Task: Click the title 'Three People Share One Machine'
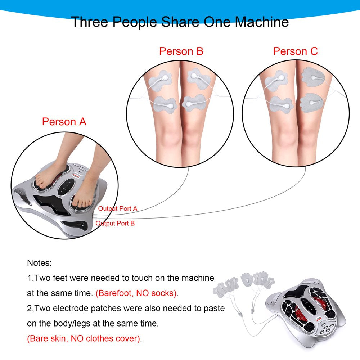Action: (x=180, y=22)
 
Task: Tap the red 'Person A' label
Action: (x=64, y=121)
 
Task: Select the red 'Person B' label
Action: (x=181, y=51)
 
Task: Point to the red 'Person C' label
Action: (x=295, y=51)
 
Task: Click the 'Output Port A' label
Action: (x=118, y=208)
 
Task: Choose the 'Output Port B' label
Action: (x=115, y=223)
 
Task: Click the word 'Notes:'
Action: (x=40, y=263)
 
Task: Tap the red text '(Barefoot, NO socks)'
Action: (x=136, y=293)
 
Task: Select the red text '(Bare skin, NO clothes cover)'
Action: (x=84, y=338)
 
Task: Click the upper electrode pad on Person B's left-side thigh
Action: (x=161, y=80)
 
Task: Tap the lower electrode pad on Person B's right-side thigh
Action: (x=194, y=103)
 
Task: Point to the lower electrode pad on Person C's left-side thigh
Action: (x=281, y=104)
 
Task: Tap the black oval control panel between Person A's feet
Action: (x=66, y=186)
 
